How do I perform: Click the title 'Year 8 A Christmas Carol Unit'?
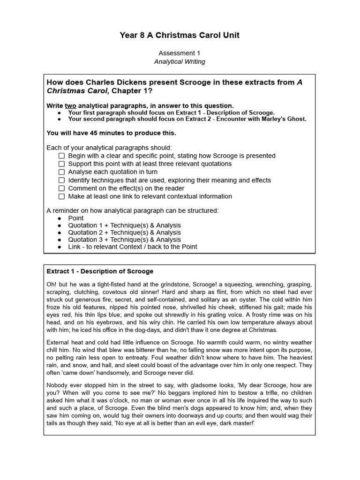[180, 36]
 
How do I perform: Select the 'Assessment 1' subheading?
[180, 53]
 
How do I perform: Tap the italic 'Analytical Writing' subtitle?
[180, 61]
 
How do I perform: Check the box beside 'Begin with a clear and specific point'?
[61, 156]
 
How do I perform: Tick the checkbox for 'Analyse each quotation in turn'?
[61, 172]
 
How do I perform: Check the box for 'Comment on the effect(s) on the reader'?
[61, 188]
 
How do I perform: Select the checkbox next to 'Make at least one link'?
[61, 196]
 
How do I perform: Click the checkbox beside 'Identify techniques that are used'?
[61, 180]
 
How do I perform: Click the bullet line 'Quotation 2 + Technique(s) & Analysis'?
[124, 232]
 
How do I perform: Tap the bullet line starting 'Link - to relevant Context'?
[132, 247]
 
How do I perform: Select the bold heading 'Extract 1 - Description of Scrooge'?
[100, 271]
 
